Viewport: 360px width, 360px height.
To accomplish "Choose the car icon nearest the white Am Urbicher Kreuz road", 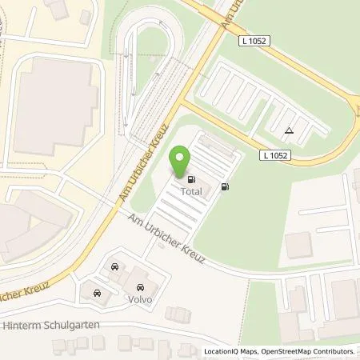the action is click(x=117, y=265).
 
